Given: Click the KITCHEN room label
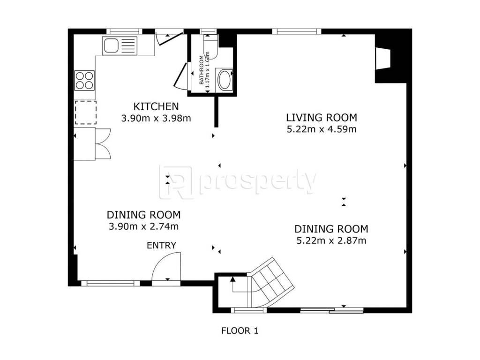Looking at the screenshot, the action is click(x=156, y=106).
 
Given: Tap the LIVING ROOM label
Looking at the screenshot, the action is click(x=322, y=118).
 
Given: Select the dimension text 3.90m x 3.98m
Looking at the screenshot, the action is click(x=156, y=118).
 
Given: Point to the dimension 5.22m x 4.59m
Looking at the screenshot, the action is click(x=322, y=129).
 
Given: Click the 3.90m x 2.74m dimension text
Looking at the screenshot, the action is click(x=143, y=226).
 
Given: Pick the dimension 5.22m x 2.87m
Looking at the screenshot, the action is click(x=331, y=240).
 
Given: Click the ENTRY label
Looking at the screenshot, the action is click(x=161, y=246).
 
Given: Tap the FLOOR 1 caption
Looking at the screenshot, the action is click(x=240, y=330).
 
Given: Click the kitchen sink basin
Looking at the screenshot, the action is click(x=111, y=45).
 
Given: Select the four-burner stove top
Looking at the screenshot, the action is click(x=84, y=80).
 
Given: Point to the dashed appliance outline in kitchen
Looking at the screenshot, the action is click(x=86, y=112).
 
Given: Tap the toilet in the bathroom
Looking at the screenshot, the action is click(x=210, y=46).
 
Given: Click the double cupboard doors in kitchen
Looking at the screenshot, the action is click(x=103, y=143).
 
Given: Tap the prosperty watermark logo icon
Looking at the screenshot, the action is click(x=176, y=182).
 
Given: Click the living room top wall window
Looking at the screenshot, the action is click(x=297, y=31).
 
